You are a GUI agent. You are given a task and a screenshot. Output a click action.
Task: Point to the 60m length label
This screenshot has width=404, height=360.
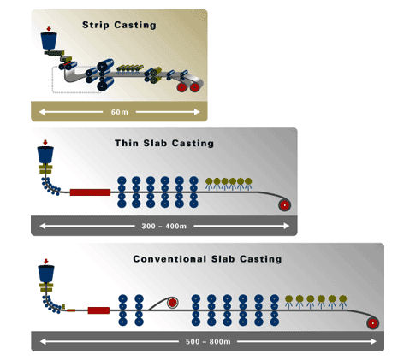tap(119, 111)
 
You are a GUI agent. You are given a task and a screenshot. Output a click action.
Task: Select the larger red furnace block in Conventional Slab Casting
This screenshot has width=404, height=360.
tap(100, 308)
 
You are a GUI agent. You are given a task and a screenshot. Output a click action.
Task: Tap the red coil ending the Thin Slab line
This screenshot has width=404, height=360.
tap(283, 205)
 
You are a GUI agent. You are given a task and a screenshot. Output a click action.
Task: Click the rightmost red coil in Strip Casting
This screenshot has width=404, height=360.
tap(194, 86)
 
